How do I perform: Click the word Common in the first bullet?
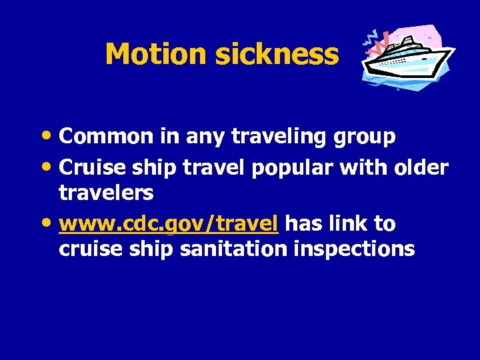pyautogui.click(x=106, y=137)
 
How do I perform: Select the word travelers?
pyautogui.click(x=106, y=193)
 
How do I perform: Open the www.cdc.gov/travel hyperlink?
pyautogui.click(x=168, y=225)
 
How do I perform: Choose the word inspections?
pyautogui.click(x=363, y=249)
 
